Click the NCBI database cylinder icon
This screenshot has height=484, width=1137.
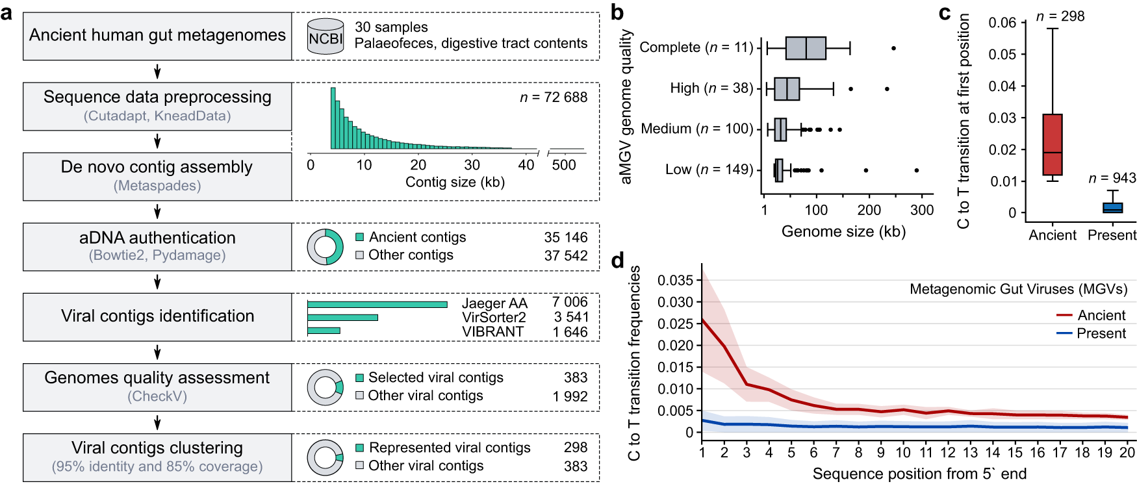(x=326, y=36)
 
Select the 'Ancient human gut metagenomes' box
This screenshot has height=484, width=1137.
(x=157, y=36)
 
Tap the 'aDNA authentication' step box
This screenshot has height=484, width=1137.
(x=157, y=247)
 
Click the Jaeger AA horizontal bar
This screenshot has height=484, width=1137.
(x=377, y=304)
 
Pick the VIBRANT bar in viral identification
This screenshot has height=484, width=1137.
(x=324, y=331)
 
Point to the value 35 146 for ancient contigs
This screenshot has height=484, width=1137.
(x=566, y=238)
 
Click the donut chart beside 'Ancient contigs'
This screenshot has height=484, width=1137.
(x=326, y=247)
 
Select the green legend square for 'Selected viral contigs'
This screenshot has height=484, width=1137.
(x=359, y=377)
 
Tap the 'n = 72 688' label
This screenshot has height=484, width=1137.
(x=554, y=97)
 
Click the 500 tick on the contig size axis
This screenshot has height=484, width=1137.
(x=564, y=165)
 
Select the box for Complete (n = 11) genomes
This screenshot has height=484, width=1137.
(x=806, y=48)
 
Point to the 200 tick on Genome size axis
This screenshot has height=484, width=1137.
(x=869, y=210)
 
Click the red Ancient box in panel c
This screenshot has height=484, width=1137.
(x=1052, y=145)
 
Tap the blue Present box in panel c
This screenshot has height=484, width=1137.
(x=1112, y=208)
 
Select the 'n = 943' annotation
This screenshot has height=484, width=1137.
(x=1112, y=178)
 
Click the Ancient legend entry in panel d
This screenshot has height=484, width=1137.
(x=1091, y=315)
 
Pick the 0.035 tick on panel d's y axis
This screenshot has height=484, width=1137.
(x=675, y=280)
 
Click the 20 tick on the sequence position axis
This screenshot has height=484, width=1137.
(x=1127, y=452)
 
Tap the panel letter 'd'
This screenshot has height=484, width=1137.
(x=617, y=261)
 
